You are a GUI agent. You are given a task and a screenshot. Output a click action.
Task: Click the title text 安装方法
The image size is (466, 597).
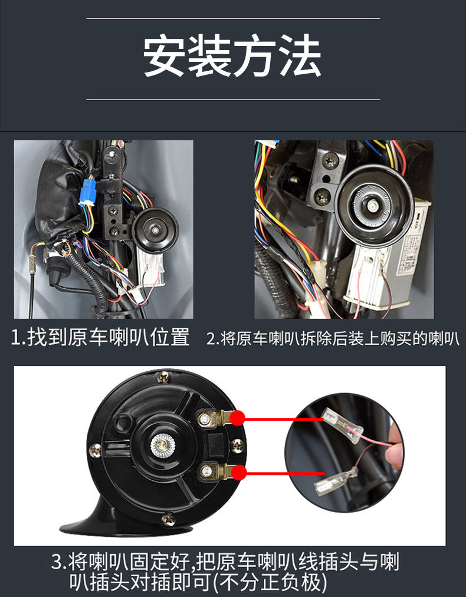(232, 57)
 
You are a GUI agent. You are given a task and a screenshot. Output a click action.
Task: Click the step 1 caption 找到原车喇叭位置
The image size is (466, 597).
(101, 338)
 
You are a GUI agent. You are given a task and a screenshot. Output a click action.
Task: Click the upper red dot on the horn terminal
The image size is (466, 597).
(237, 418)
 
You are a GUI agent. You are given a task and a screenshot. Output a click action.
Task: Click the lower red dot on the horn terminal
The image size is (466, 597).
(238, 472)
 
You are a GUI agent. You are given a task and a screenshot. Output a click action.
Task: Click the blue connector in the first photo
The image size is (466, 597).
(88, 192)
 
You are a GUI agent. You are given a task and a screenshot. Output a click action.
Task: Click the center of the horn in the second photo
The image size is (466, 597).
(373, 204)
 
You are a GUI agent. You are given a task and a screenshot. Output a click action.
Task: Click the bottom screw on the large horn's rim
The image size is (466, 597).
(169, 519)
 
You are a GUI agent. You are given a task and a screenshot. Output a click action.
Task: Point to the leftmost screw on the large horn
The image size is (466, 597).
(94, 451)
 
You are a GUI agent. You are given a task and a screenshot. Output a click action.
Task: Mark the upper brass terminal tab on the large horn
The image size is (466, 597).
(221, 418)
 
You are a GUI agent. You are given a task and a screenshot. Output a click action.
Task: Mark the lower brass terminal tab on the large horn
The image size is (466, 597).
(221, 471)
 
